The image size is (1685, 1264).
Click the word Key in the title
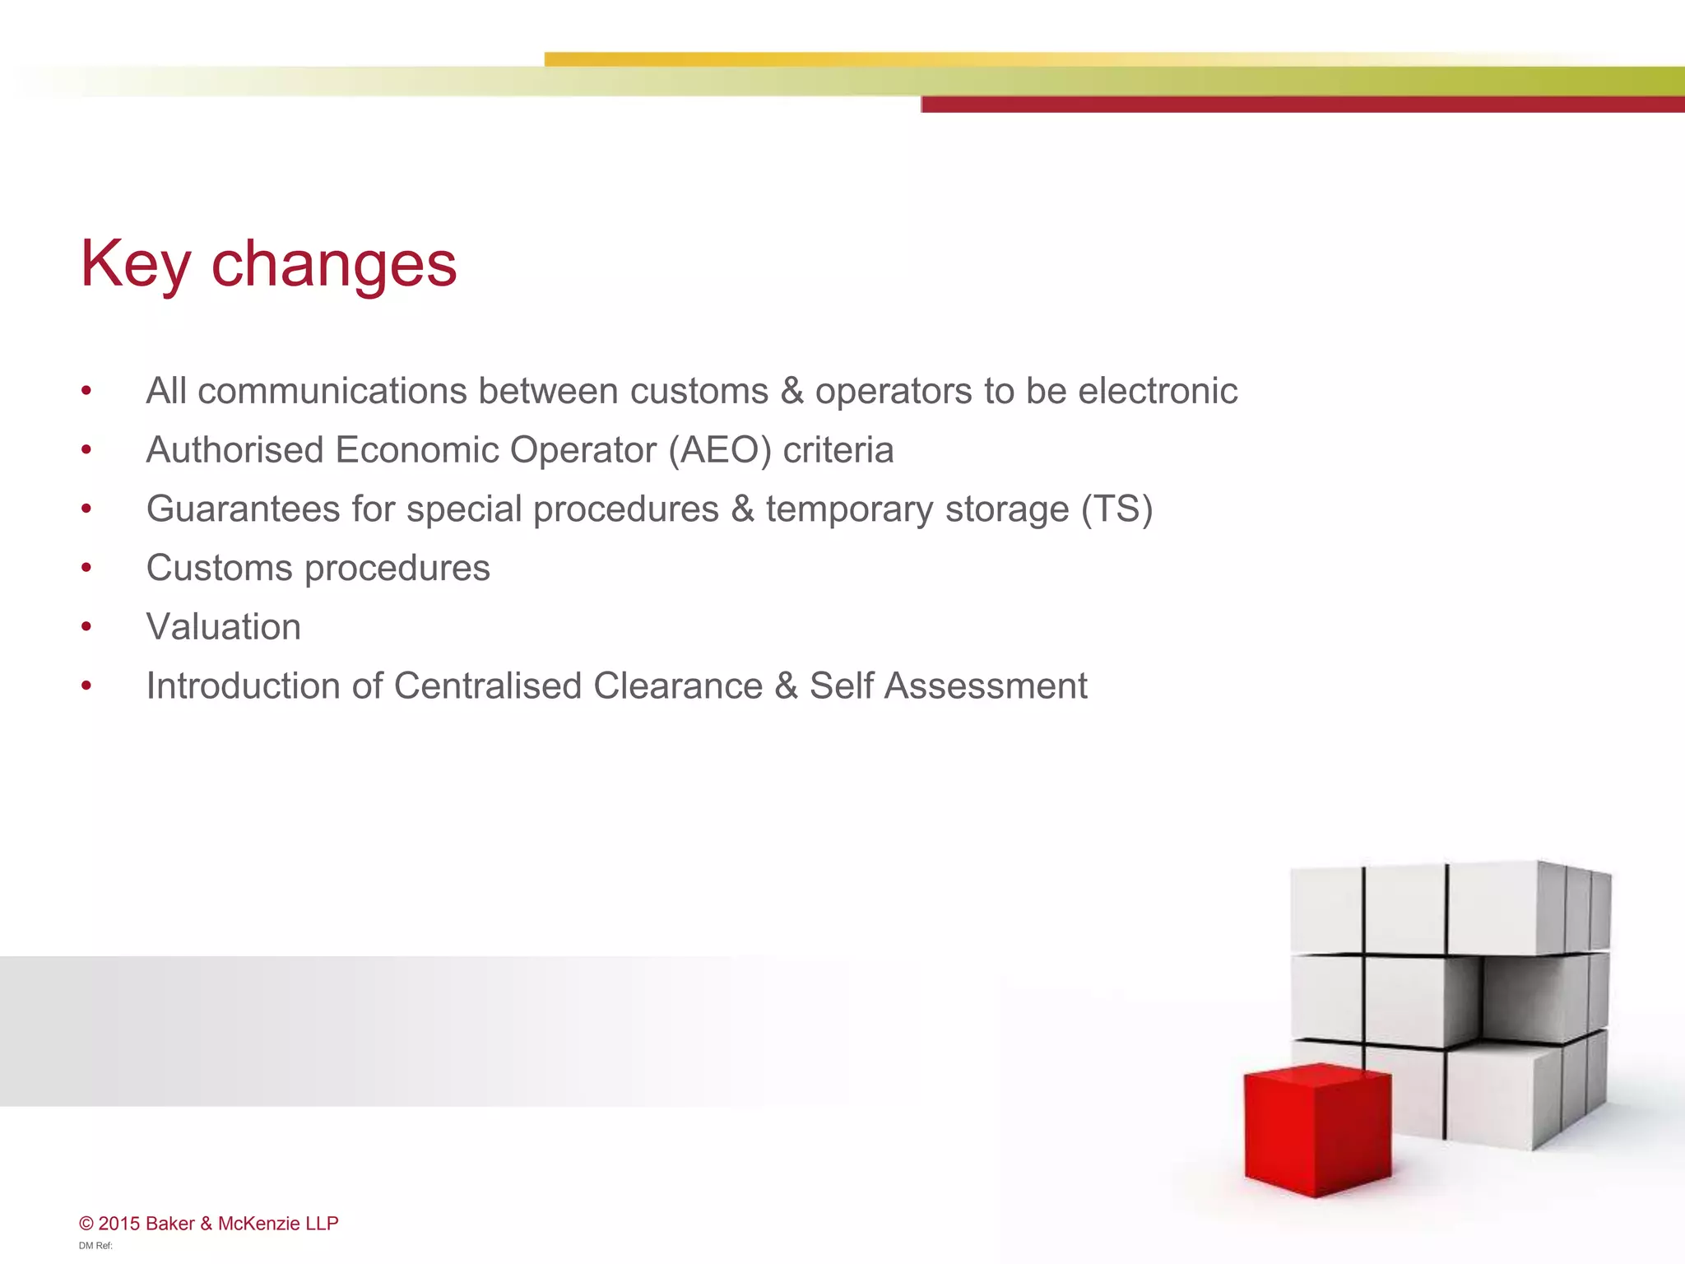click(x=136, y=263)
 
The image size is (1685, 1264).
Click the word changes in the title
click(x=334, y=265)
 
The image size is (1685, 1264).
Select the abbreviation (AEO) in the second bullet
click(x=720, y=450)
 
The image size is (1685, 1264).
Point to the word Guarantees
click(x=242, y=509)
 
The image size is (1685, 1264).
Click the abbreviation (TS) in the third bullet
click(x=1116, y=509)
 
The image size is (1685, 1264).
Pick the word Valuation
click(x=223, y=627)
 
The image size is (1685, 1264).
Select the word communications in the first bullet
click(x=332, y=391)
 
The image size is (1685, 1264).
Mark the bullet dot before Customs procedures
click(x=86, y=568)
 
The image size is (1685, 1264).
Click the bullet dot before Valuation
click(x=86, y=627)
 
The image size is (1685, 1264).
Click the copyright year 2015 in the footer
click(x=119, y=1224)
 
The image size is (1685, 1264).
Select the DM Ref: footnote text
click(x=95, y=1246)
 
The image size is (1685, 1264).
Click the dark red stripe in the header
click(x=1300, y=105)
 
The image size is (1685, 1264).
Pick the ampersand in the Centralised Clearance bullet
click(x=786, y=685)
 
